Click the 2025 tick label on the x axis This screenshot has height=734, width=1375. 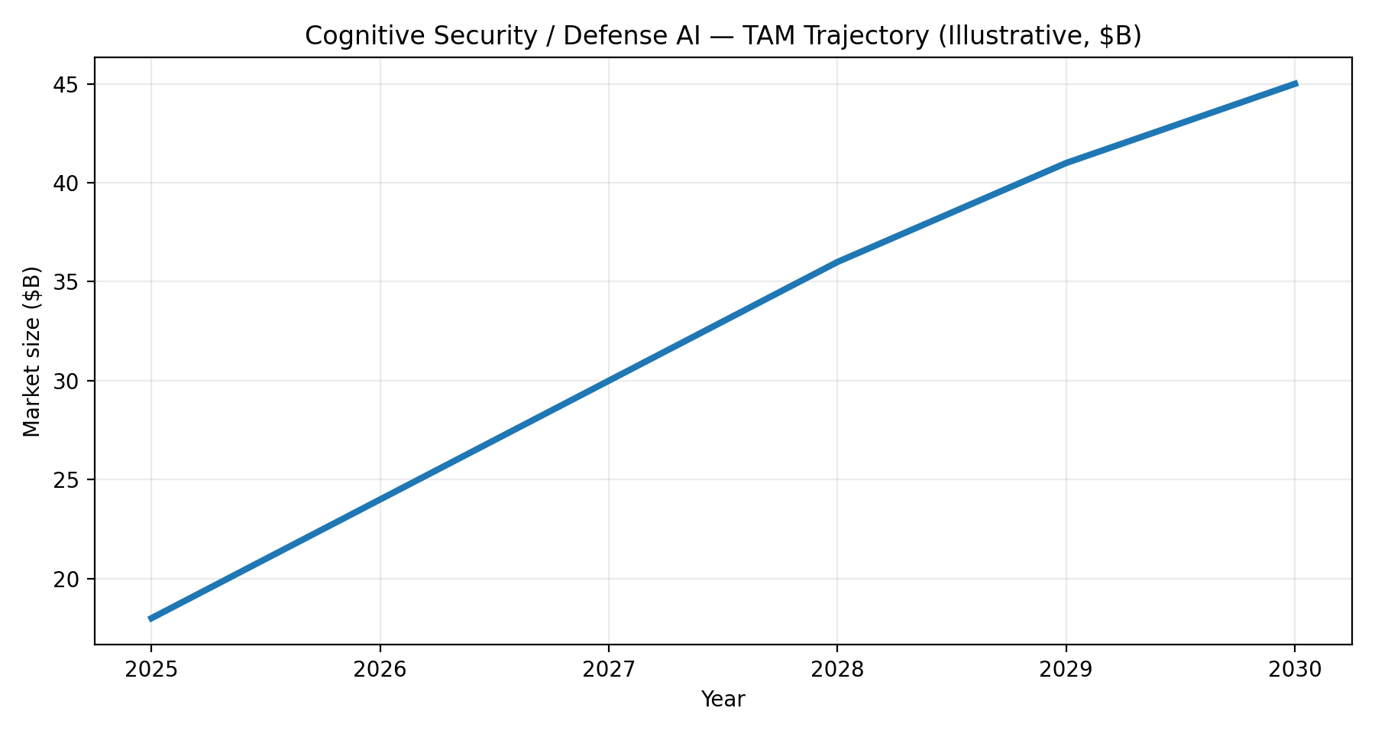point(150,671)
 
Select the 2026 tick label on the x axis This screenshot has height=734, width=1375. point(380,671)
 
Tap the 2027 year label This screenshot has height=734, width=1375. point(608,671)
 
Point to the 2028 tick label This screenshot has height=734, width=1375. point(837,671)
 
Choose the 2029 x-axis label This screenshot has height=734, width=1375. point(1066,671)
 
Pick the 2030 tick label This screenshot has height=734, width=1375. point(1295,671)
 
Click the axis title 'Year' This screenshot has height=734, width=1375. point(723,699)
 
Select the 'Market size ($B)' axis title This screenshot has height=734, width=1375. point(31,351)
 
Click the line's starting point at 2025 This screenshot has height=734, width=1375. point(150,619)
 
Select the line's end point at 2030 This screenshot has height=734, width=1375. point(1295,83)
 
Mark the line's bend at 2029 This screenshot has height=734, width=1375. point(1066,163)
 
